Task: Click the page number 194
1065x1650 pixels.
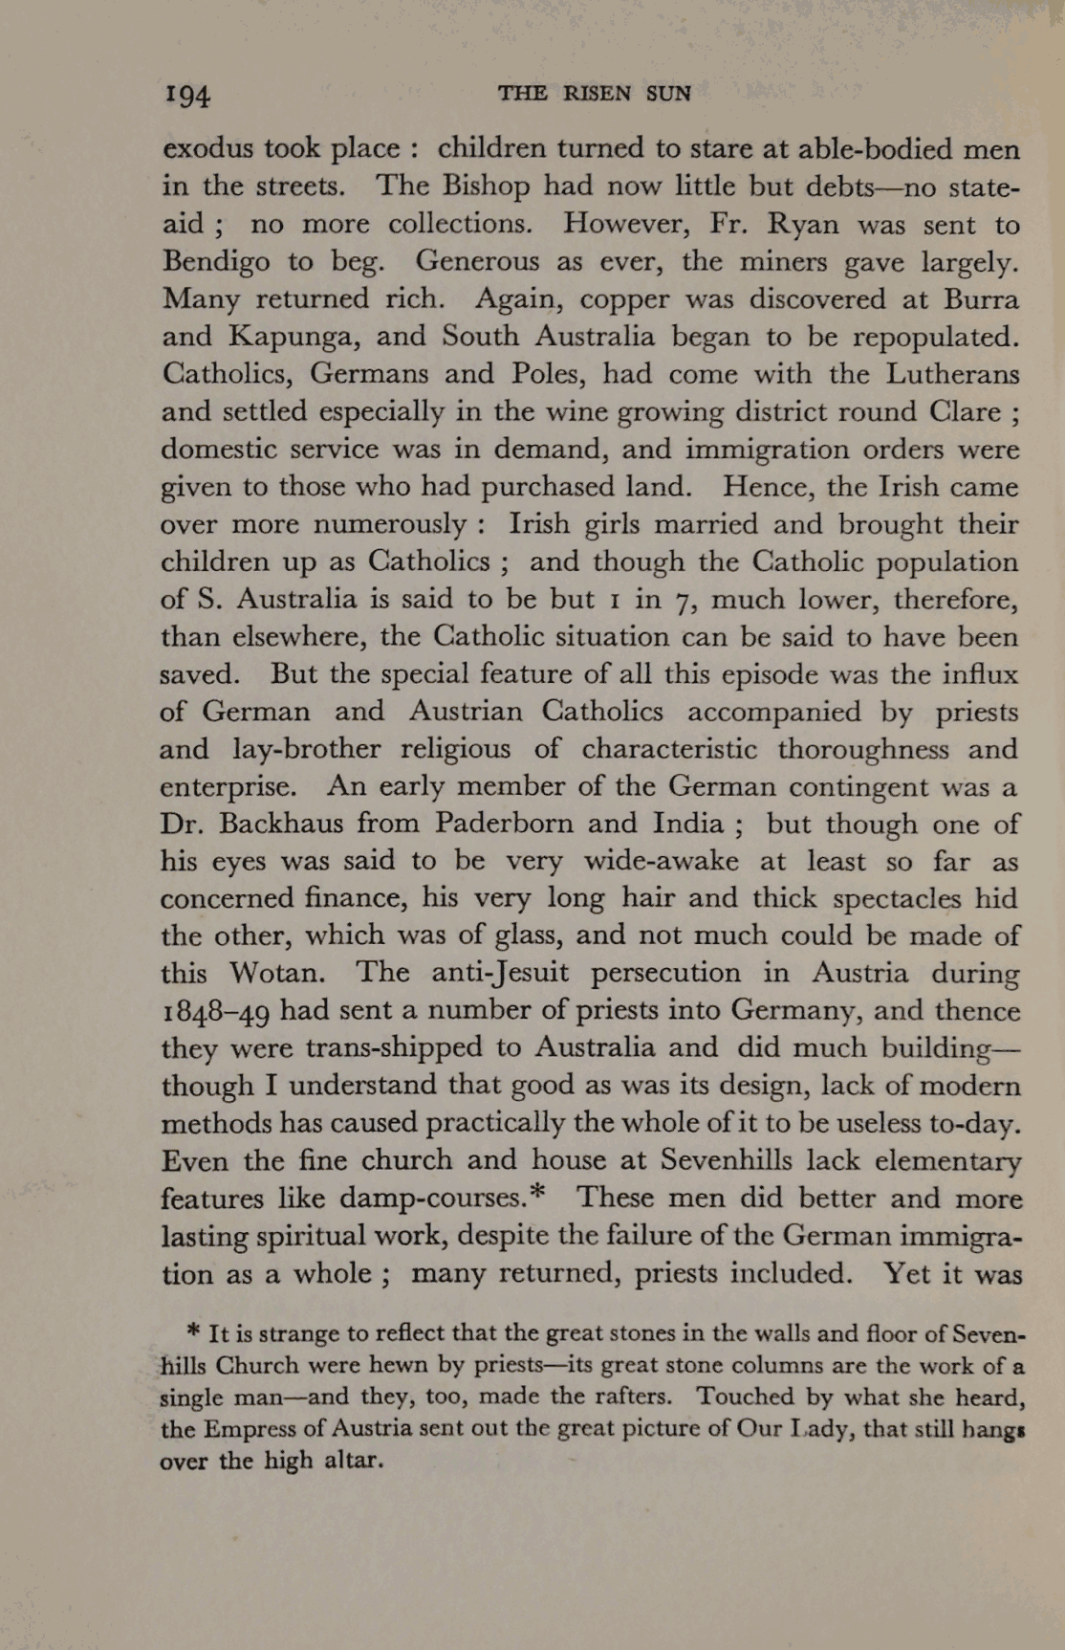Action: pos(187,95)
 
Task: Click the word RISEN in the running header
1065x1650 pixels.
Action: pos(597,94)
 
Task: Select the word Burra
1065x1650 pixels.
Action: pos(981,299)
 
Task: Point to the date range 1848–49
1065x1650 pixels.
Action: pos(216,1011)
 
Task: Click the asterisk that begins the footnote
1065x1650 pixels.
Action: pos(194,1330)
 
